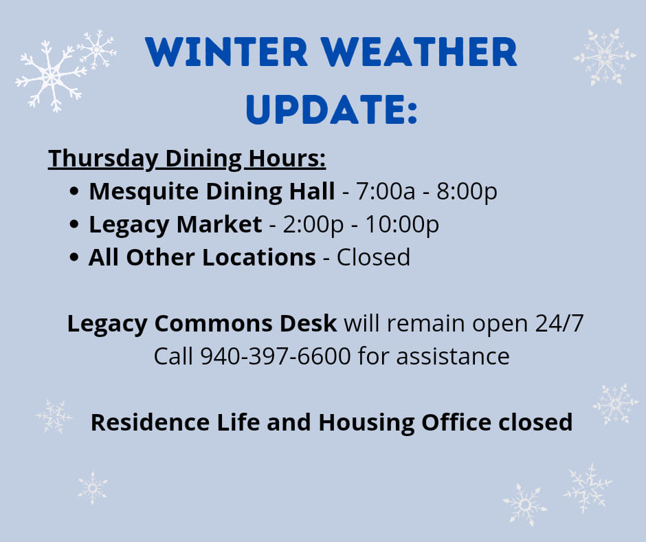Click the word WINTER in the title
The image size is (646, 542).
point(226,52)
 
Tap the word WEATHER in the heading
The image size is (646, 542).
point(419,52)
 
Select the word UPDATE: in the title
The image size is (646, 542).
point(332,109)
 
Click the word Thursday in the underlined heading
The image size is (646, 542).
point(103,159)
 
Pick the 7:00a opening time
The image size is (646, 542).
point(386,191)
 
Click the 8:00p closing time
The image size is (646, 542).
point(467,192)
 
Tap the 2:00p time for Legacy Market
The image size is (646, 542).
point(313,225)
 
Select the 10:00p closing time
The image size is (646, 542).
point(402,225)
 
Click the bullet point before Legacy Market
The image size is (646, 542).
point(74,224)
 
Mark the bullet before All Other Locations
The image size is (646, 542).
point(74,257)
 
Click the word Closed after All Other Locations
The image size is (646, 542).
point(373,257)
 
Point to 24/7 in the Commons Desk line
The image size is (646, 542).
point(559,323)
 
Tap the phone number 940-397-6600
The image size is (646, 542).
point(275,356)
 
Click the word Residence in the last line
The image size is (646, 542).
point(150,422)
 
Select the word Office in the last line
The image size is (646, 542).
point(456,422)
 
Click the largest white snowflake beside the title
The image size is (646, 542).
point(51,76)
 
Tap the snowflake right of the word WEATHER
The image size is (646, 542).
point(604,56)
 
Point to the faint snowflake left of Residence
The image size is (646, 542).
point(54,417)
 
